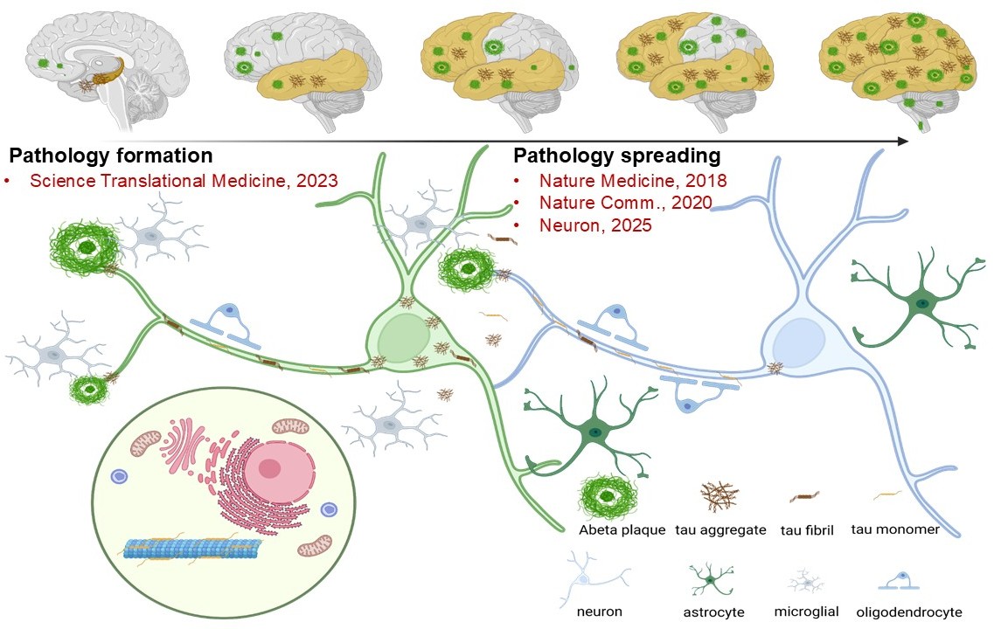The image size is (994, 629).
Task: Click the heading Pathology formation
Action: (111, 156)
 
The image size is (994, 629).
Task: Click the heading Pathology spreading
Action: (616, 156)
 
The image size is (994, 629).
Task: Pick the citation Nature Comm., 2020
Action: (625, 203)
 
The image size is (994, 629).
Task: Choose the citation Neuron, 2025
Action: (594, 225)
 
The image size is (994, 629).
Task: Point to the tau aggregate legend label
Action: (721, 530)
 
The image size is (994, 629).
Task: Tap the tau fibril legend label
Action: (808, 530)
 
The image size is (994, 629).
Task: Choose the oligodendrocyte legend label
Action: (909, 612)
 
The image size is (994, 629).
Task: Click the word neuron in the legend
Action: (598, 612)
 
